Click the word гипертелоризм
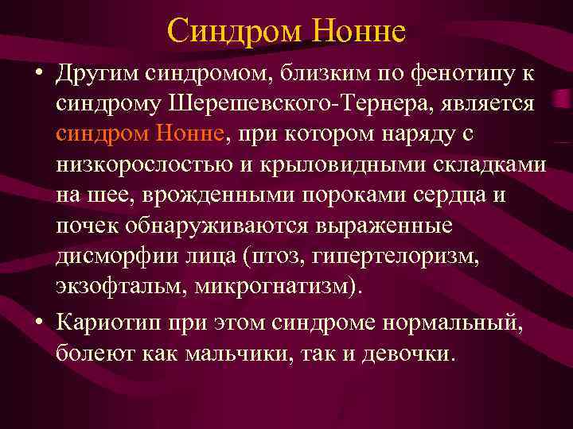point(425,256)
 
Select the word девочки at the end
point(407,352)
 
